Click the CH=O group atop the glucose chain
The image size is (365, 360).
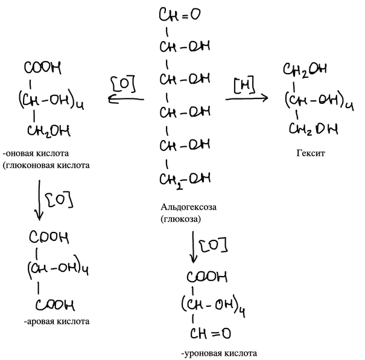click(x=180, y=14)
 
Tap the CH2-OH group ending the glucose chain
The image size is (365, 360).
click(x=185, y=180)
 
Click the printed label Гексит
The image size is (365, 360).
click(x=311, y=153)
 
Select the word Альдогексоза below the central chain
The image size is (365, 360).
click(x=188, y=207)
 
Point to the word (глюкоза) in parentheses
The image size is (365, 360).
click(x=180, y=219)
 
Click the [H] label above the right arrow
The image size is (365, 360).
click(x=244, y=85)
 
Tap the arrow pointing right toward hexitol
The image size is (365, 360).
click(x=247, y=98)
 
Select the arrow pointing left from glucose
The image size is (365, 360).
click(x=126, y=99)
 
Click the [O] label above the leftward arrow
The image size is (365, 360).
click(x=124, y=84)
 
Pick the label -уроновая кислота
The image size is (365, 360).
click(x=219, y=353)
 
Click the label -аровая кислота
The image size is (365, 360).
click(x=57, y=321)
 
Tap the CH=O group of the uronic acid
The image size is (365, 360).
click(x=211, y=333)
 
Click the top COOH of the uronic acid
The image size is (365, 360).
click(x=207, y=277)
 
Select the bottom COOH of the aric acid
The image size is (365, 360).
click(x=55, y=305)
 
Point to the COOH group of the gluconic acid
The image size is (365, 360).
click(x=43, y=68)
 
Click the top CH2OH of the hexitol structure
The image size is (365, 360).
click(x=305, y=69)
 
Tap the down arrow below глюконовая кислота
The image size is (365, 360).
click(x=39, y=200)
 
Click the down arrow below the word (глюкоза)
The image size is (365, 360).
click(x=193, y=247)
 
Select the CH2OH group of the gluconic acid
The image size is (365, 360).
click(x=49, y=131)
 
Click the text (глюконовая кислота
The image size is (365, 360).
click(x=46, y=166)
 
